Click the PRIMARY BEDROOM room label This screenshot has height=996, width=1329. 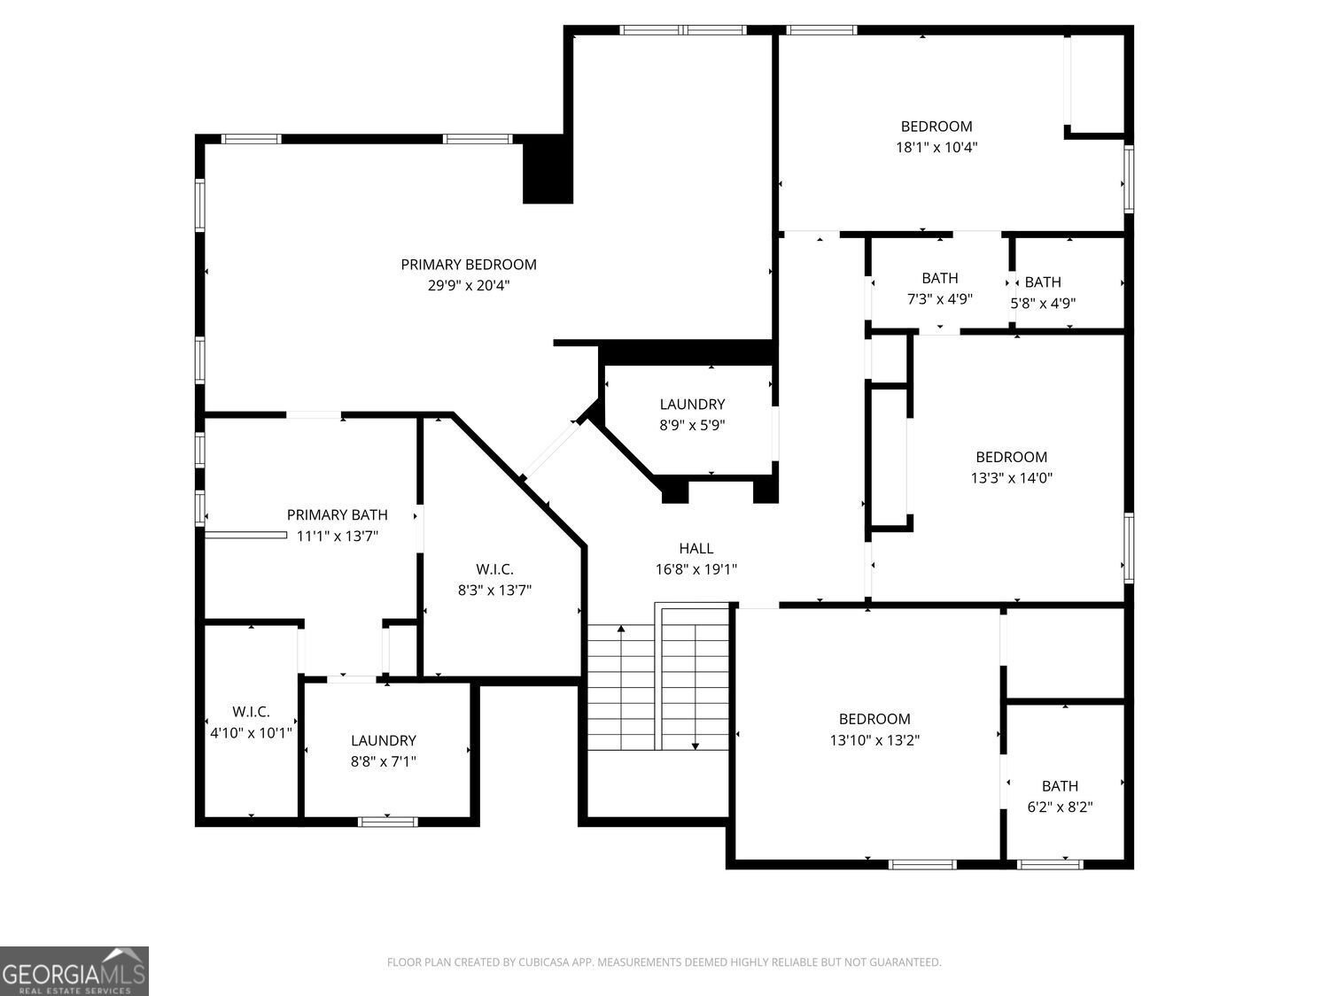(x=469, y=265)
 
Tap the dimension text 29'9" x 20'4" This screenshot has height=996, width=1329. (x=469, y=285)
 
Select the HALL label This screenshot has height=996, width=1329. (x=696, y=549)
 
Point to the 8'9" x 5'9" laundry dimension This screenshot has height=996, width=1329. (x=692, y=425)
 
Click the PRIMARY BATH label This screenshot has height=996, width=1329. (x=338, y=515)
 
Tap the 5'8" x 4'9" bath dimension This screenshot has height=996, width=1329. (x=1043, y=304)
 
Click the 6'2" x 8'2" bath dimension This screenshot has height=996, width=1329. (x=1060, y=807)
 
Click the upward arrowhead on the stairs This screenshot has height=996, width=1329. (x=621, y=629)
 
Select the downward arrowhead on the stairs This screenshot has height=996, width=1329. (x=696, y=746)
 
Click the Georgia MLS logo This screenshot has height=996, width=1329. (x=74, y=970)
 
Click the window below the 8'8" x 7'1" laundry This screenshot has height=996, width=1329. (x=387, y=822)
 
